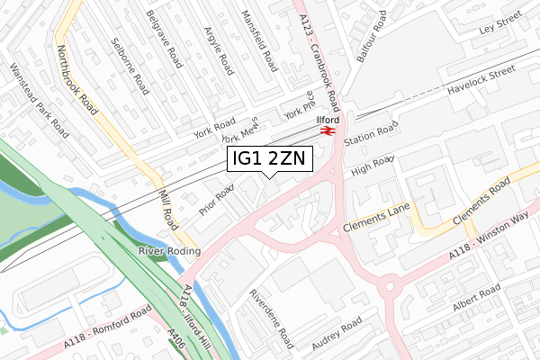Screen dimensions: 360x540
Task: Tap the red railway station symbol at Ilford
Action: pos(328,131)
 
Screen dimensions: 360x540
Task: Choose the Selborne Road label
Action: pos(129,66)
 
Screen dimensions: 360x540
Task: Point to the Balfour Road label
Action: pos(371,36)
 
